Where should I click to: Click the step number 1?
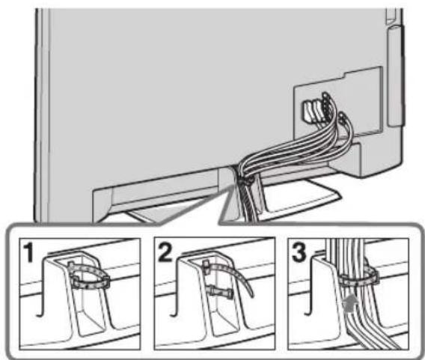tap(28, 253)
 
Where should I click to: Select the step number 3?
tap(299, 252)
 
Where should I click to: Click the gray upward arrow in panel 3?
tap(351, 303)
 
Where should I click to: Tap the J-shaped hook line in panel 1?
tap(41, 287)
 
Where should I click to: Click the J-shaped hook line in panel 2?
tap(176, 287)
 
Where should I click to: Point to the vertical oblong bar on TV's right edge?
tap(394, 76)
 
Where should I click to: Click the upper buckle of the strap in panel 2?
tap(206, 266)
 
